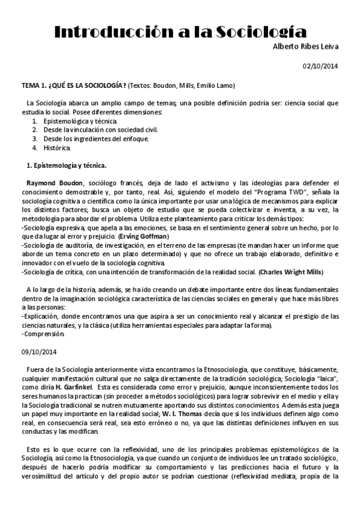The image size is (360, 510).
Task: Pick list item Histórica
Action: pyautogui.click(x=57, y=147)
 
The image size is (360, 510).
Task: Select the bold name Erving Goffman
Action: pyautogui.click(x=144, y=236)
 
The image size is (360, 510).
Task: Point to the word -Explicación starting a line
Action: pyautogui.click(x=41, y=317)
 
